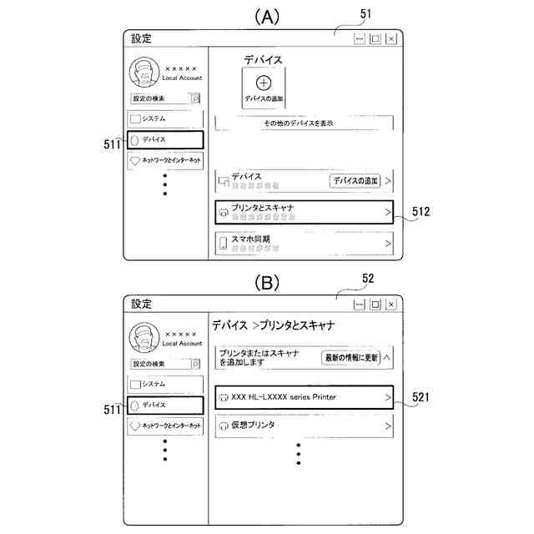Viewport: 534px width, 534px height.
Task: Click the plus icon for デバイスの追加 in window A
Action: point(264,83)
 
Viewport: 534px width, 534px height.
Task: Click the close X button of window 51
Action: point(390,38)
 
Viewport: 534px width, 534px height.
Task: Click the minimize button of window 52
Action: point(359,304)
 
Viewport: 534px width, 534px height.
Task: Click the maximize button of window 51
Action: point(375,38)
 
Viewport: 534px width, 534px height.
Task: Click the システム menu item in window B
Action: point(165,384)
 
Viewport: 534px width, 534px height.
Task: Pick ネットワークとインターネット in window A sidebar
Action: point(165,159)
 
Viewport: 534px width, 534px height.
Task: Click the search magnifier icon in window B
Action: point(195,364)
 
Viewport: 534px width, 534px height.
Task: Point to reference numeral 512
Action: point(421,213)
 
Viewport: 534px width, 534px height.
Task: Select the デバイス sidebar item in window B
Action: point(165,405)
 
